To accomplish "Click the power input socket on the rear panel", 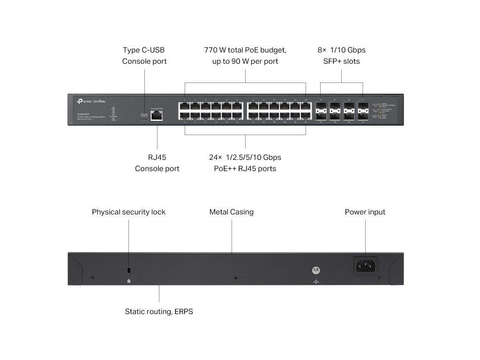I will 366,266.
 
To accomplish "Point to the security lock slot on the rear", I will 129,271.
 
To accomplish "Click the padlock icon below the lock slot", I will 129,281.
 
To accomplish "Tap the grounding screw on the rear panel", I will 316,270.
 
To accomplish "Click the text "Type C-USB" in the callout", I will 144,50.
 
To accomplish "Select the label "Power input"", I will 365,212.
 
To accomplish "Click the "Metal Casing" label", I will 232,212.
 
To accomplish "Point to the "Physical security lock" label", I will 128,212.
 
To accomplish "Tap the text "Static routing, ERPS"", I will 159,311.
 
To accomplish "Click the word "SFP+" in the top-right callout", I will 333,61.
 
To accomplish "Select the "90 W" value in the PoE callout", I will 240,61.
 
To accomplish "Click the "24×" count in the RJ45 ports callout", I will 217,157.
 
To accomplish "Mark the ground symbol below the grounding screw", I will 316,281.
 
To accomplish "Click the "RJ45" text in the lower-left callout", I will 157,157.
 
